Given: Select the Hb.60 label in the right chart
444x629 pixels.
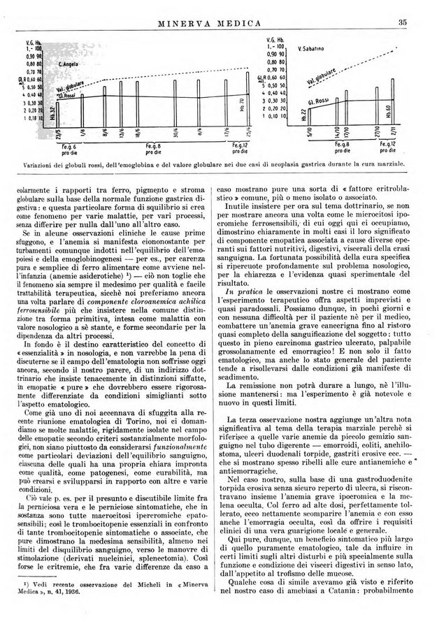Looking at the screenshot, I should click(x=389, y=111).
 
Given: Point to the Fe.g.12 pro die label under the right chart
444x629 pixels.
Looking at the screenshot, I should click(x=389, y=148).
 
